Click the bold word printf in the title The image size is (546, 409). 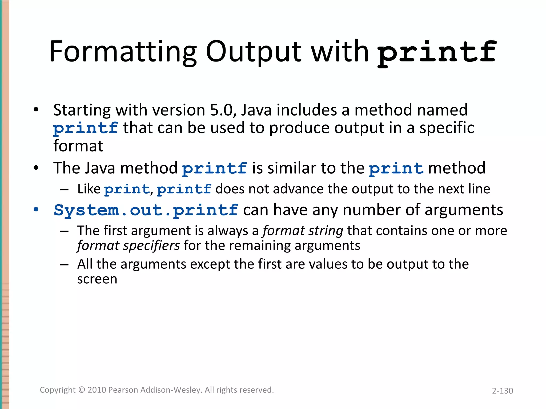(437, 52)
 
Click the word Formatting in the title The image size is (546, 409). (123, 52)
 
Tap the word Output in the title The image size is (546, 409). (253, 52)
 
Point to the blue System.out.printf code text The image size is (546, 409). (146, 210)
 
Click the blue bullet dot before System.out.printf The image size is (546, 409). (36, 209)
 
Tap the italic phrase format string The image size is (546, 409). (303, 231)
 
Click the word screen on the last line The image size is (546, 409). (97, 279)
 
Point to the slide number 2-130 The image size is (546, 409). (502, 391)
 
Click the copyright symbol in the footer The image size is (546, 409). (82, 390)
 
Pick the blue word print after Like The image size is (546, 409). (127, 189)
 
